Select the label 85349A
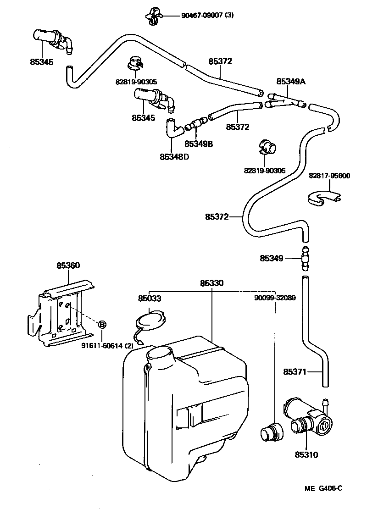click(291, 81)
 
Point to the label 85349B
click(199, 144)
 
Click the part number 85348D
click(174, 157)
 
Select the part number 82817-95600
click(329, 176)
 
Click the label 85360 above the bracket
click(68, 266)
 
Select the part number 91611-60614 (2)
click(107, 346)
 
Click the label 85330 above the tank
click(211, 283)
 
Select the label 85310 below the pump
click(306, 455)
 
